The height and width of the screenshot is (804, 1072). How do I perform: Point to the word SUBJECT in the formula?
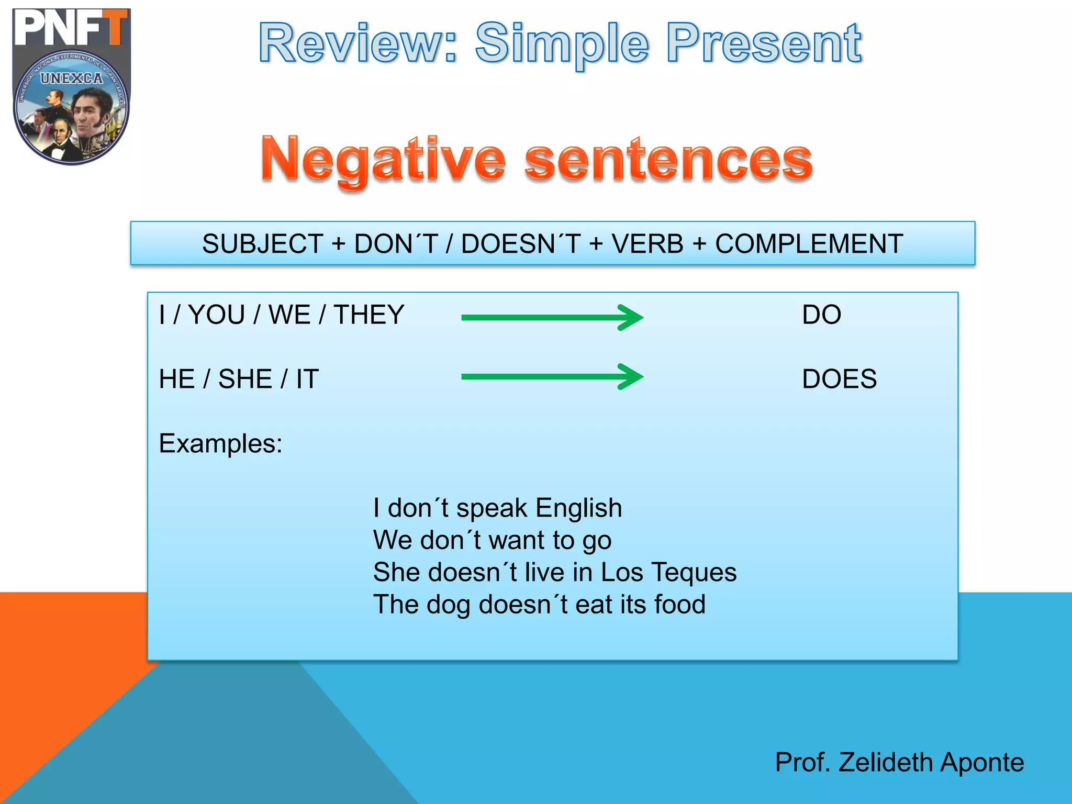pos(263,244)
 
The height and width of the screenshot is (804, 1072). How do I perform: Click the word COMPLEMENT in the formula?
pos(809,244)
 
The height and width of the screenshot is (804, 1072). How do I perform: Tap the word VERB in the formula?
pos(647,244)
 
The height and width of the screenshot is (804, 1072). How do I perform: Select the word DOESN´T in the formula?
pos(521,244)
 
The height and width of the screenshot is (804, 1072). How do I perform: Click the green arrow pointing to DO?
pos(552,317)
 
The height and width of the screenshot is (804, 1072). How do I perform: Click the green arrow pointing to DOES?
pos(552,376)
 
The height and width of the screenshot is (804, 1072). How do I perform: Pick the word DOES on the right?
pos(839,379)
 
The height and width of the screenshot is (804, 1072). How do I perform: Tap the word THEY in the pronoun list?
pos(369,315)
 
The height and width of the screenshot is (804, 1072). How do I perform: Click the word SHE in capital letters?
pos(245,379)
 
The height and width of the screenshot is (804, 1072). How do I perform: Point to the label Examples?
pos(220,444)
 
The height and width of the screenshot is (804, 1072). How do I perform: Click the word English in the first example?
pos(578,508)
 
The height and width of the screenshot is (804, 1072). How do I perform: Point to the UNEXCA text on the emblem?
pos(72,79)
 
